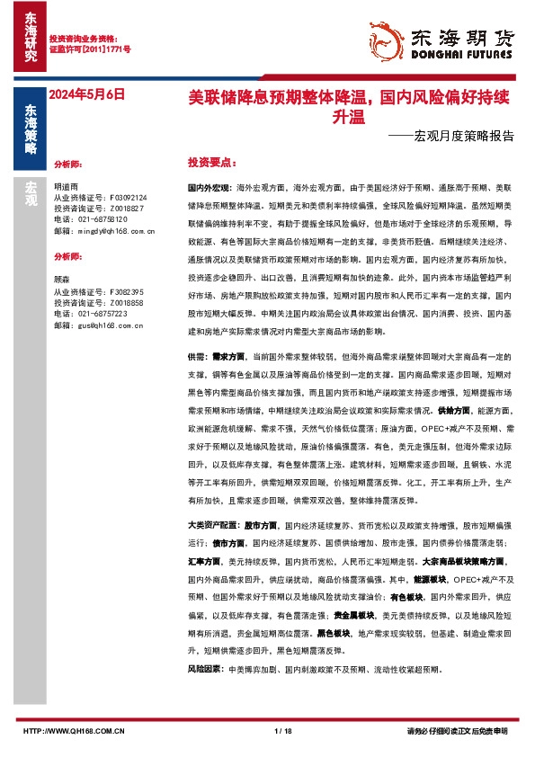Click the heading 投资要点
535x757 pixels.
point(210,165)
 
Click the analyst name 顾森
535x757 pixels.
point(63,280)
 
